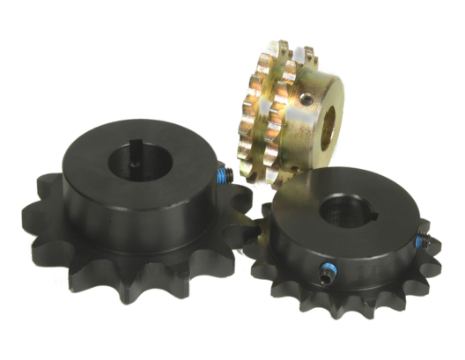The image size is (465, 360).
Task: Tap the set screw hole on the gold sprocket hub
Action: [x=305, y=99]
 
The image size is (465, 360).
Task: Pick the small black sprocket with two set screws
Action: [x=348, y=255]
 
